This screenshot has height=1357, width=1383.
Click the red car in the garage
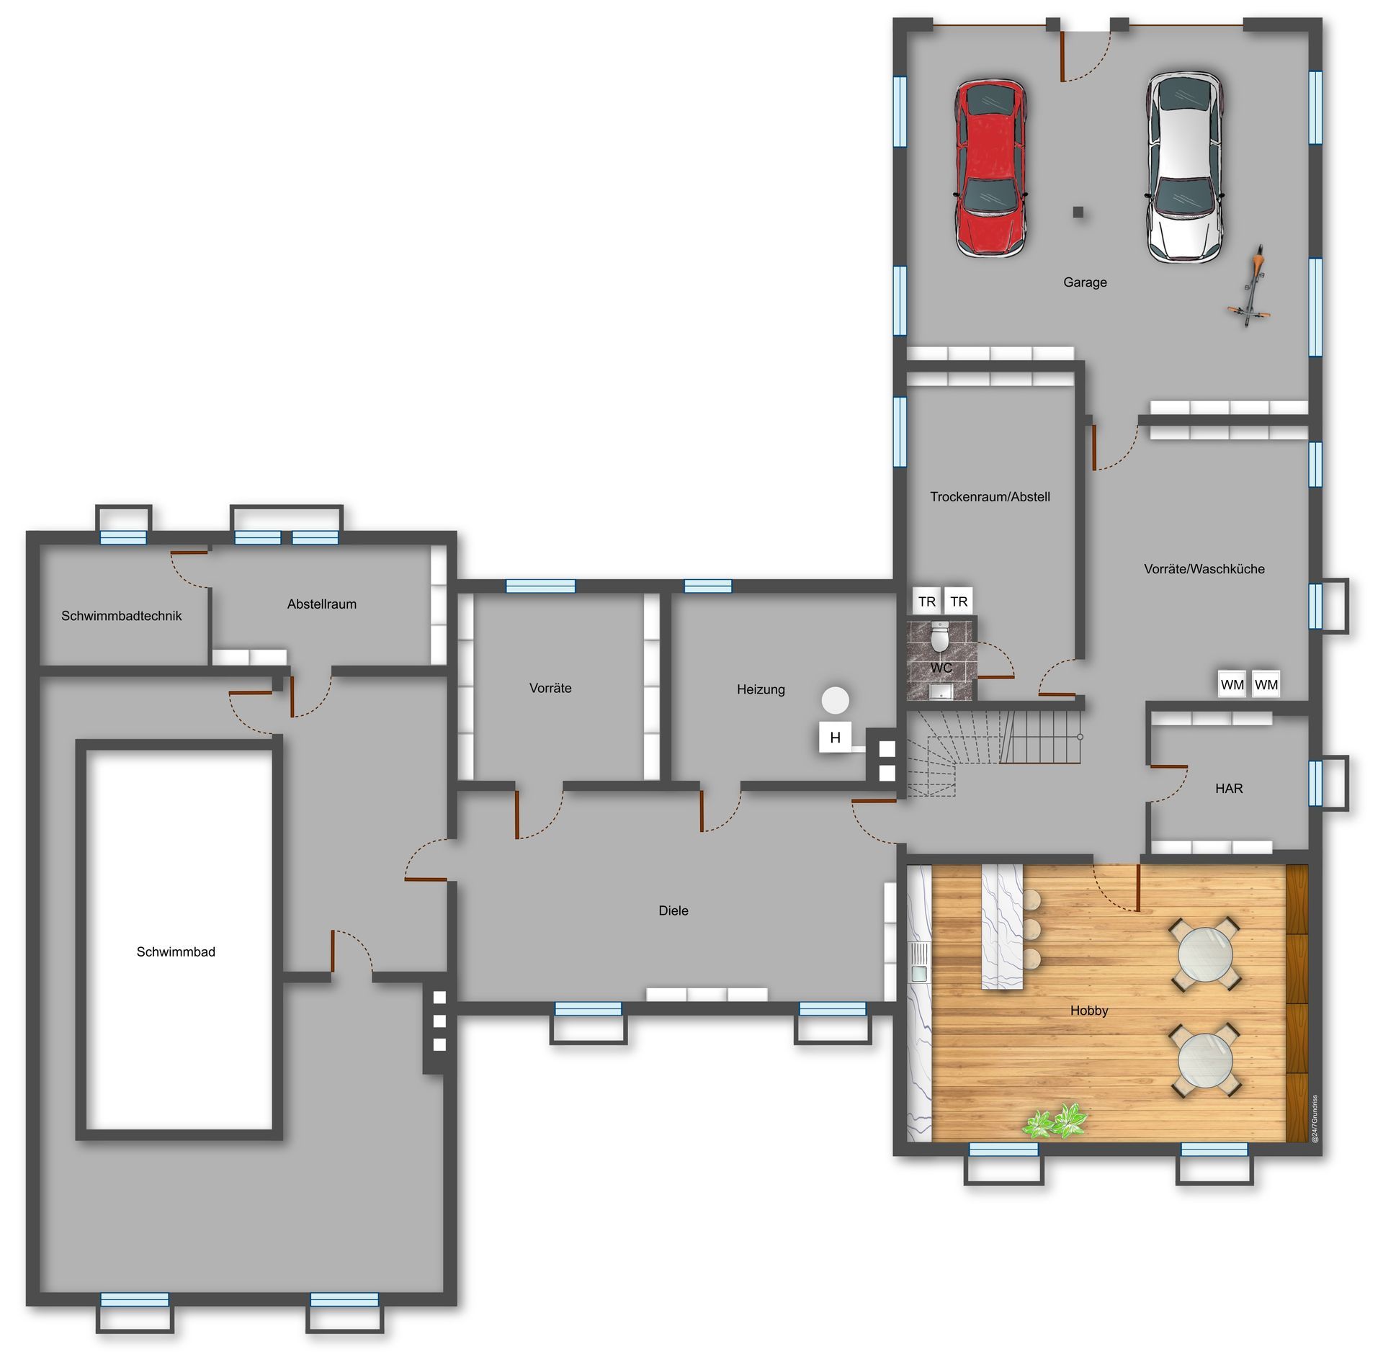tap(990, 168)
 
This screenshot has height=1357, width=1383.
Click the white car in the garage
tap(1185, 167)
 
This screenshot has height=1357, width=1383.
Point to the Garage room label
tap(1085, 282)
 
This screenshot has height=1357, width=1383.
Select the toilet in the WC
tap(940, 636)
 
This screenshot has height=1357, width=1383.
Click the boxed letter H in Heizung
tap(836, 737)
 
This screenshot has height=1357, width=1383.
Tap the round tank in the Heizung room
tap(836, 699)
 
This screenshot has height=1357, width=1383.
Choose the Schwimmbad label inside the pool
tap(176, 951)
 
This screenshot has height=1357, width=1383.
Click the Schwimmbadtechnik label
tap(121, 616)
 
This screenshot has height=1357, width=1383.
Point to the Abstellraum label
tap(322, 604)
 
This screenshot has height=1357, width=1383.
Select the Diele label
tap(673, 910)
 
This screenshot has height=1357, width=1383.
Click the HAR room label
tap(1229, 788)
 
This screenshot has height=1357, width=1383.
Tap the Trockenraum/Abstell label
tap(990, 497)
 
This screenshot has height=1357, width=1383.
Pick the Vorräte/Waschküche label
tap(1204, 569)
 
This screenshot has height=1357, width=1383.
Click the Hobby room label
tap(1089, 1011)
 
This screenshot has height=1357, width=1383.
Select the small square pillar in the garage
tap(1078, 212)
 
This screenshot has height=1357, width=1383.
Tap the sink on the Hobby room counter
tap(919, 962)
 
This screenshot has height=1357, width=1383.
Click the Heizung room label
tap(761, 689)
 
